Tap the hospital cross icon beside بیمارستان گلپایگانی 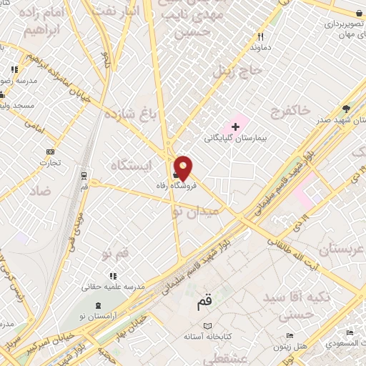pos(235,127)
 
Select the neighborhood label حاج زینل pos(232,70)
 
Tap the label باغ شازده pos(130,114)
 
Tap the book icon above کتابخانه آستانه pos(208,325)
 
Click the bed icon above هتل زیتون pos(289,335)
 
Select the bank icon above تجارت pos(50,152)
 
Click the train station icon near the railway pos(84,175)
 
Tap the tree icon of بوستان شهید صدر pos(347,109)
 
